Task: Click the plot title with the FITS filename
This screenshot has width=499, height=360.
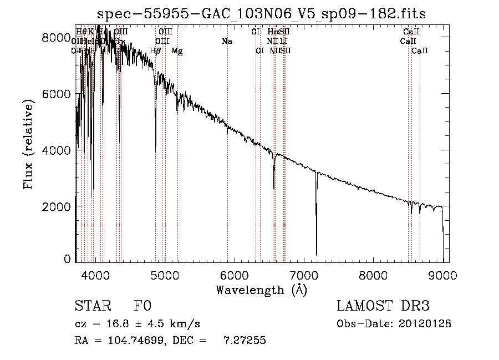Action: coord(262,13)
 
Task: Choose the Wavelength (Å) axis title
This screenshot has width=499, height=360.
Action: coord(262,290)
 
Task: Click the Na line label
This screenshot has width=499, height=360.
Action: coord(226,42)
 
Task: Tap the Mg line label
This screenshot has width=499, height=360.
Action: coord(177,51)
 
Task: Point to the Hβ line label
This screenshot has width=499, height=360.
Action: coord(156,51)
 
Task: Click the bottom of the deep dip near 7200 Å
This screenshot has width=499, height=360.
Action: coord(317,253)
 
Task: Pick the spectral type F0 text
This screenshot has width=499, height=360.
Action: coord(142,306)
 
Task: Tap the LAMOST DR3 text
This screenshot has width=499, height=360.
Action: coord(383,306)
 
